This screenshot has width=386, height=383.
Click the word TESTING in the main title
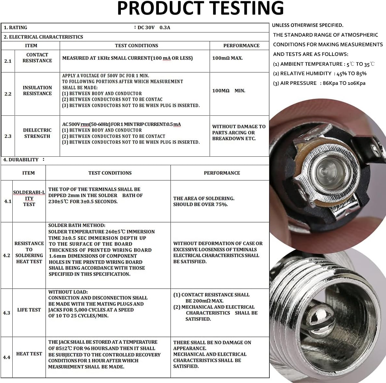(248, 8)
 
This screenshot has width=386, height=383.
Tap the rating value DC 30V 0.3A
(154, 27)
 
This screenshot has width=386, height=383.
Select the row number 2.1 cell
(8, 61)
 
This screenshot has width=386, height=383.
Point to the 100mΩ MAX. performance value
(227, 58)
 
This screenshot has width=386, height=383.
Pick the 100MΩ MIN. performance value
(229, 91)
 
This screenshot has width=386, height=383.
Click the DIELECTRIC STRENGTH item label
(37, 133)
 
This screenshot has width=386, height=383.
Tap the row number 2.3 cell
(8, 136)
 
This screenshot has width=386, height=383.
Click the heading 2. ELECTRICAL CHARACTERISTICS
(43, 37)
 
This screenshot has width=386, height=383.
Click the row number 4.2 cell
(6, 256)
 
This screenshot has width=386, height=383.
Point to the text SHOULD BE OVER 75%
(200, 205)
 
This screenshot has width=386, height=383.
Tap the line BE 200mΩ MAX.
(204, 301)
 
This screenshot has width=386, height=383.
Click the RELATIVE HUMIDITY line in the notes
(319, 73)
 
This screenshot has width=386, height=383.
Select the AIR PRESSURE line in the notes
(319, 83)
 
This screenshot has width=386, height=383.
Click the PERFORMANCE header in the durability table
(222, 173)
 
